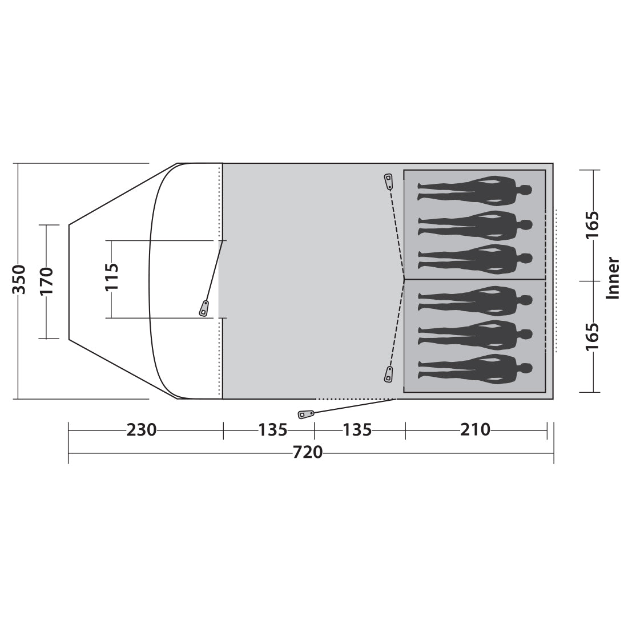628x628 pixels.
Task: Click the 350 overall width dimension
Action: [19, 279]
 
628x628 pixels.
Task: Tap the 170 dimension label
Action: [46, 281]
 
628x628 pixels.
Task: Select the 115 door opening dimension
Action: [112, 277]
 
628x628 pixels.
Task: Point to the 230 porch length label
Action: [142, 430]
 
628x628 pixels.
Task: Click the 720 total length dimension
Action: [308, 453]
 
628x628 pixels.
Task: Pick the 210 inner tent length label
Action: [476, 430]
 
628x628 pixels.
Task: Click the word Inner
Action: [613, 277]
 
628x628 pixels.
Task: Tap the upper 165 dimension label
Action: [593, 224]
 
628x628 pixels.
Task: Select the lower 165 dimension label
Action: [593, 336]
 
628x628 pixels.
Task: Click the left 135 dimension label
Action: [273, 430]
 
